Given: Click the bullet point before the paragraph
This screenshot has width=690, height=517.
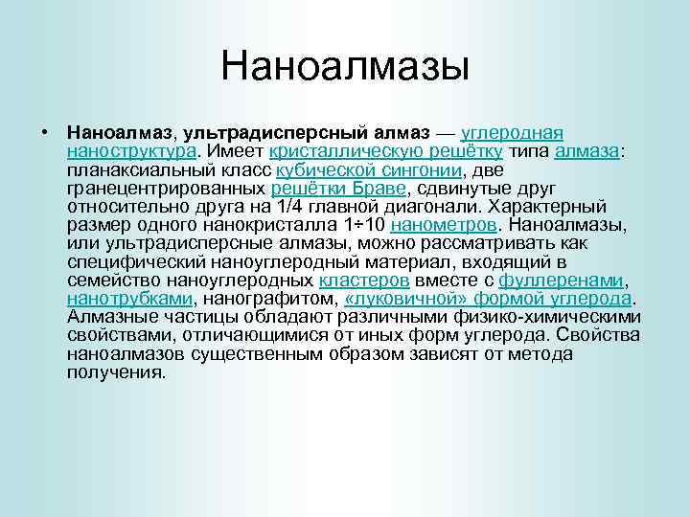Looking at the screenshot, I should [x=44, y=132].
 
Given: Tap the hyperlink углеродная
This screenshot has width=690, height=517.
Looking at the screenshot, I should [x=512, y=132].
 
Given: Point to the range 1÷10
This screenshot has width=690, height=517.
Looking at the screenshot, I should [x=365, y=225].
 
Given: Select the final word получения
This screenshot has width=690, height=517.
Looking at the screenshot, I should [x=116, y=372].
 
